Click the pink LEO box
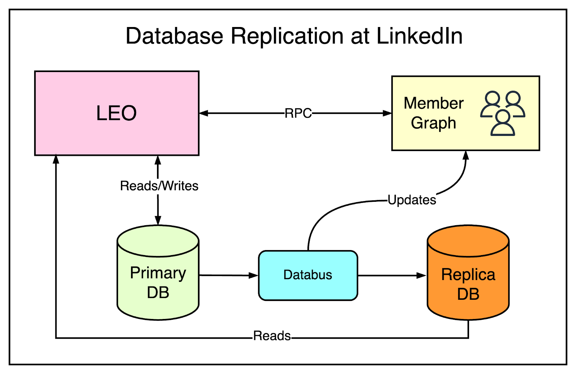pyautogui.click(x=117, y=113)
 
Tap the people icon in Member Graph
pyautogui.click(x=503, y=113)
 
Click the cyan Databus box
pyautogui.click(x=308, y=275)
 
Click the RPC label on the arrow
pyautogui.click(x=298, y=113)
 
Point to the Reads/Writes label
pyautogui.click(x=159, y=186)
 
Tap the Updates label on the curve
pyautogui.click(x=411, y=200)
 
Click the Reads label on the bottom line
pyautogui.click(x=272, y=336)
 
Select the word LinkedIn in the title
pyautogui.click(x=419, y=36)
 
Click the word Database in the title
pyautogui.click(x=174, y=36)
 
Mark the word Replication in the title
pyautogui.click(x=287, y=36)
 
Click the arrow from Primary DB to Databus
pyautogui.click(x=229, y=275)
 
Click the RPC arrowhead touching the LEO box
pyautogui.click(x=204, y=113)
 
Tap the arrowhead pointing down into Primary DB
pyautogui.click(x=158, y=220)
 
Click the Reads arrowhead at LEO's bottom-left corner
pyautogui.click(x=56, y=159)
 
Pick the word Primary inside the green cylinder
pyautogui.click(x=158, y=273)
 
